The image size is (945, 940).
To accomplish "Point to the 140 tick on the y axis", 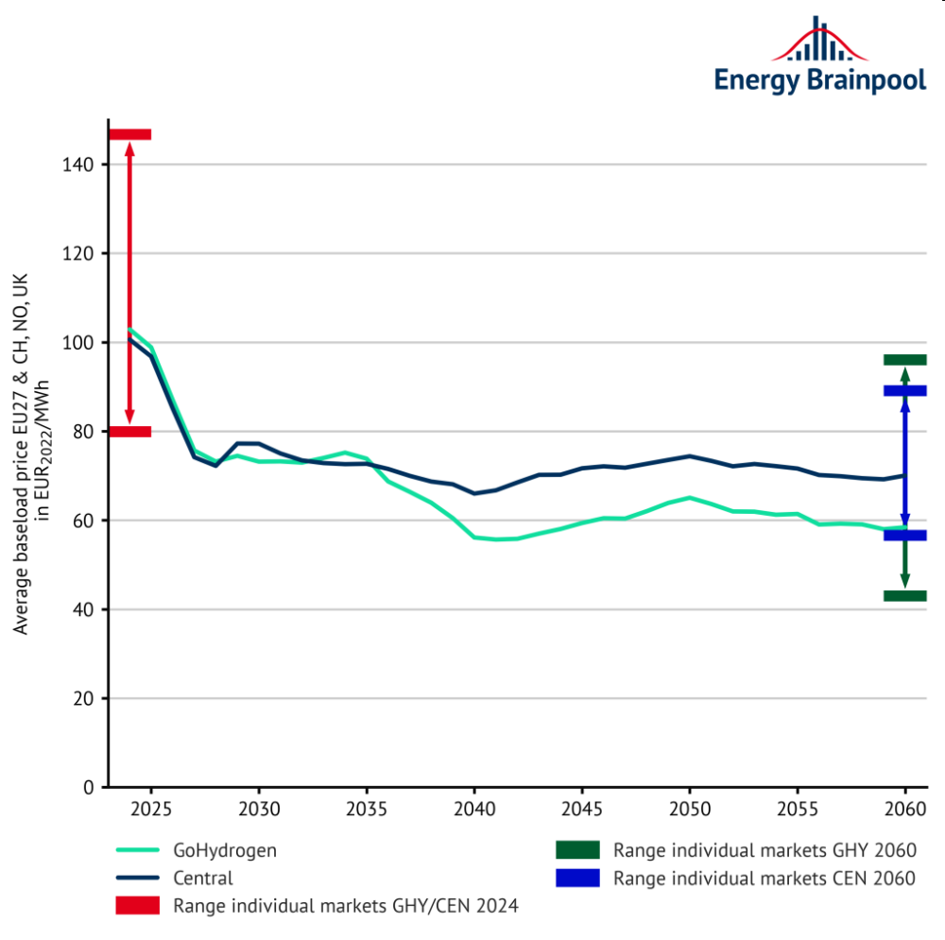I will pos(82,165).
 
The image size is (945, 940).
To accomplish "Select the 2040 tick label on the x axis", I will pos(473,812).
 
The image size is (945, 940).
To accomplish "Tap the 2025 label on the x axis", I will pos(150,812).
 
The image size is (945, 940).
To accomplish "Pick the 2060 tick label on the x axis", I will pos(904,812).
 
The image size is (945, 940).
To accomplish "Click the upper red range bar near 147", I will pos(130,134).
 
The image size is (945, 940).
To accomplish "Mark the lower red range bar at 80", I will pos(130,432).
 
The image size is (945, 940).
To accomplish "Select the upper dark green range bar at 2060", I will pos(904,359).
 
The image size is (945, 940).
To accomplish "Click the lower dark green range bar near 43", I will pos(904,595).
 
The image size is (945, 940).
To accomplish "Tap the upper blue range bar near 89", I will pos(904,390).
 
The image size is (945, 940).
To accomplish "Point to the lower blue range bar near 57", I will pos(904,536).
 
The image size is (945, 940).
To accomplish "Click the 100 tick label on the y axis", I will pos(82,343).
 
